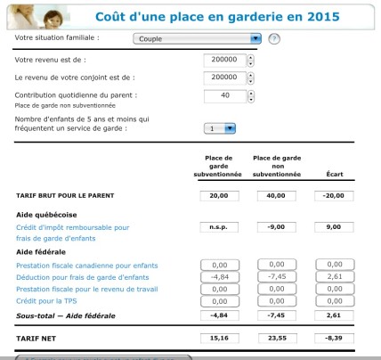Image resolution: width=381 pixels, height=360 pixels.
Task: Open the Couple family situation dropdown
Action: pyautogui.click(x=198, y=39)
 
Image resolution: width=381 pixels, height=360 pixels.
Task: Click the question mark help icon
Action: pyautogui.click(x=274, y=39)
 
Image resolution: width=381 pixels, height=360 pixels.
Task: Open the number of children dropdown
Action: pyautogui.click(x=219, y=128)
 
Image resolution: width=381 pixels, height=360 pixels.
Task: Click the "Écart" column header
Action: pyautogui.click(x=335, y=174)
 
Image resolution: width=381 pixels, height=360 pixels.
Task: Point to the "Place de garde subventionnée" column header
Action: pyautogui.click(x=219, y=167)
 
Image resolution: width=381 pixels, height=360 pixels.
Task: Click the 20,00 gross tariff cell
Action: pyautogui.click(x=219, y=195)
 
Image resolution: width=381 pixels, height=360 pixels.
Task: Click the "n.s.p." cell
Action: pyautogui.click(x=219, y=227)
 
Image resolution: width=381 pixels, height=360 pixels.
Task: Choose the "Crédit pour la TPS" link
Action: pyautogui.click(x=45, y=302)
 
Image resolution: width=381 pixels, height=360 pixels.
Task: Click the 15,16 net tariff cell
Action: pyautogui.click(x=219, y=339)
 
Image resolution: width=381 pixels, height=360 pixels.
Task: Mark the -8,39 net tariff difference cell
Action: pyautogui.click(x=335, y=339)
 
